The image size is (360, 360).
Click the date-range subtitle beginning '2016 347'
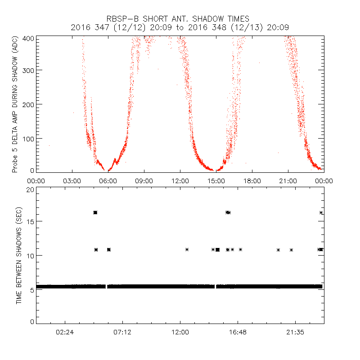coord(180,27)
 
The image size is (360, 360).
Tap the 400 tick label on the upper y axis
coord(29,39)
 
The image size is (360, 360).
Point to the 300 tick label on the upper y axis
coord(29,70)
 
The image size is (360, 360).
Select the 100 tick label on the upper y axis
coord(29,138)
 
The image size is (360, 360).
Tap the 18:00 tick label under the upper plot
coord(252,181)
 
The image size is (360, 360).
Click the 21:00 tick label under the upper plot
coord(288,181)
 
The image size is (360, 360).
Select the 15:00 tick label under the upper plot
coord(216,181)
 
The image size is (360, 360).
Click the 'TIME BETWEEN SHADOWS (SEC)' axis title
coord(19,254)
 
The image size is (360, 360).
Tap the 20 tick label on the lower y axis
coord(30,190)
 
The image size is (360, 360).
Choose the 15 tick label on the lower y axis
coord(30,221)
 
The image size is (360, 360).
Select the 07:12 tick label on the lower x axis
coord(122,332)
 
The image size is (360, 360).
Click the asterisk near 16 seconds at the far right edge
coord(321,212)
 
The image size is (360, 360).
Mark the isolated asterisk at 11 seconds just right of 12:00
coord(187,249)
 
